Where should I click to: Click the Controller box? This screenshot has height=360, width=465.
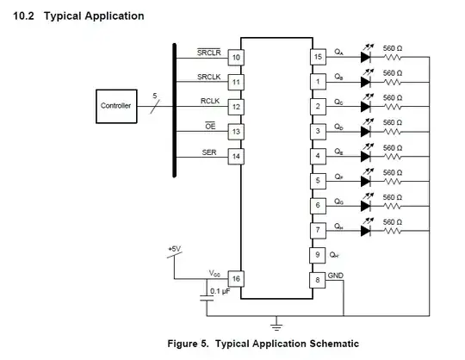tap(116, 106)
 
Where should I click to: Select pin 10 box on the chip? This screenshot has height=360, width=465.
tap(235, 57)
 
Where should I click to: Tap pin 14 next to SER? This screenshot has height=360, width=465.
tap(235, 156)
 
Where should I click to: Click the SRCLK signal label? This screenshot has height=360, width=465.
tap(209, 77)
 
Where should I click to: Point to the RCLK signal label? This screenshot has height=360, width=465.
tap(211, 101)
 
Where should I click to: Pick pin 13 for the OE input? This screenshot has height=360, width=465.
tap(235, 131)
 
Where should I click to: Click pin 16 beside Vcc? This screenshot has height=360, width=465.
tap(235, 278)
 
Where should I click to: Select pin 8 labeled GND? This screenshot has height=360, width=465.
tap(318, 279)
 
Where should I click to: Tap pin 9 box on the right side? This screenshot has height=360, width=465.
tap(318, 255)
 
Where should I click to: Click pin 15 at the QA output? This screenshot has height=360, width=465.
tap(318, 57)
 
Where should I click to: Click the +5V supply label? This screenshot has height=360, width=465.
tap(175, 249)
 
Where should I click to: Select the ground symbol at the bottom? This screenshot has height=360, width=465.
tap(276, 325)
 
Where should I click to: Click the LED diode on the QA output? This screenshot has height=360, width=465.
tap(365, 57)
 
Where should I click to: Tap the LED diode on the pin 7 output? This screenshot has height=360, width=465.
tap(365, 230)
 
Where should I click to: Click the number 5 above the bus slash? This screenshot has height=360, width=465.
tap(154, 96)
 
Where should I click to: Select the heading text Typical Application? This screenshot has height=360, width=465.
tap(94, 16)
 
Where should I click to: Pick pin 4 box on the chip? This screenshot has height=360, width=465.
tap(318, 156)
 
